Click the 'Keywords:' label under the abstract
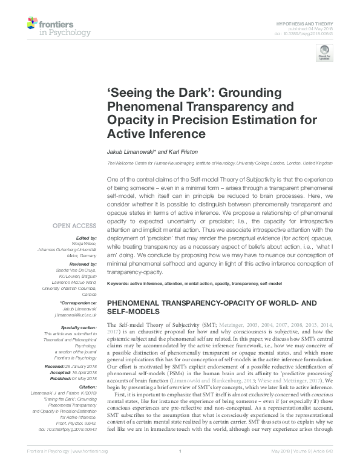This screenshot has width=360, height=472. click(x=120, y=283)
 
